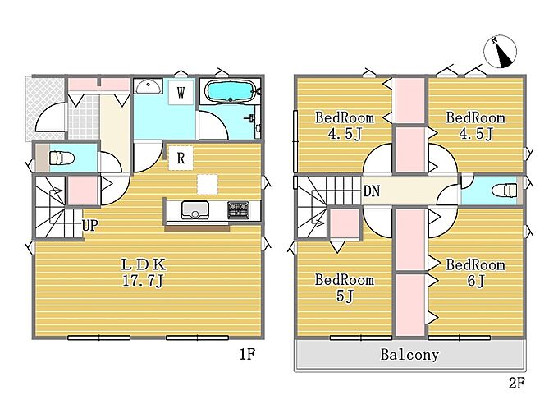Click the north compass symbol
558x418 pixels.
pyautogui.click(x=500, y=52)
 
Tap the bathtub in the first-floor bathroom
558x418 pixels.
pyautogui.click(x=231, y=91)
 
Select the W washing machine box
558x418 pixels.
pyautogui.click(x=181, y=93)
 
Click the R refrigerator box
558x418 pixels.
pyautogui.click(x=181, y=158)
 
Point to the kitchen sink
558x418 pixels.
pyautogui.click(x=195, y=210)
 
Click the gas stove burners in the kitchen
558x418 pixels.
pyautogui.click(x=238, y=209)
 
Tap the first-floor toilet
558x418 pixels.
pyautogui.click(x=62, y=158)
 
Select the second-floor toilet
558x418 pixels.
pyautogui.click(x=505, y=191)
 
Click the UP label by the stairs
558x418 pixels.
pyautogui.click(x=89, y=225)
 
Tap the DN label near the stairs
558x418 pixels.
pyautogui.click(x=372, y=191)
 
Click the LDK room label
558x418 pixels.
pyautogui.click(x=144, y=264)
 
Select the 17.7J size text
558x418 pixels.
pyautogui.click(x=143, y=282)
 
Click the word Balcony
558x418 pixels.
pyautogui.click(x=409, y=355)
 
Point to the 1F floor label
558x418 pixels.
pyautogui.click(x=247, y=354)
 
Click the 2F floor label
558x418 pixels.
pyautogui.click(x=517, y=384)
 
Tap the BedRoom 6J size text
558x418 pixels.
pyautogui.click(x=476, y=281)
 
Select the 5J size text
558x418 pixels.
pyautogui.click(x=344, y=296)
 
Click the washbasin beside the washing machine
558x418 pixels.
pyautogui.click(x=148, y=85)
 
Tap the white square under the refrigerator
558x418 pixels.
pyautogui.click(x=207, y=185)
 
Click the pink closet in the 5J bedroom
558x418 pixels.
pyautogui.click(x=344, y=223)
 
